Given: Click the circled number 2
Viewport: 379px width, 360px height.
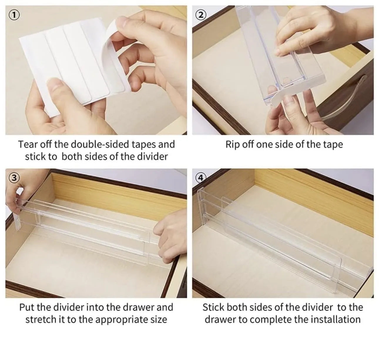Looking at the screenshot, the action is pyautogui.click(x=201, y=15).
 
